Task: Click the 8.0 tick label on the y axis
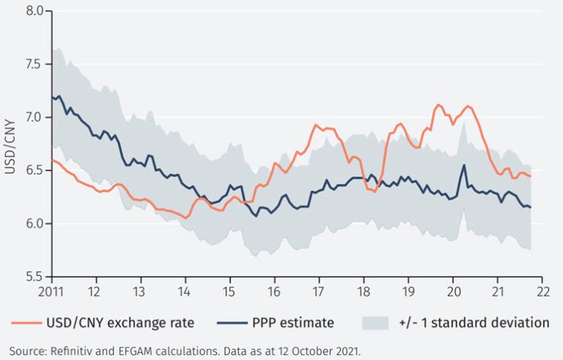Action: [x=34, y=12]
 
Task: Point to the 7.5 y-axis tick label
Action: [x=34, y=65]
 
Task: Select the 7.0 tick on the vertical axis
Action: [x=34, y=118]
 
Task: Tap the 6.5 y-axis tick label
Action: [x=34, y=171]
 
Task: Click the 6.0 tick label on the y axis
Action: [x=34, y=224]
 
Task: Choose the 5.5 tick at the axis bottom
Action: [x=34, y=277]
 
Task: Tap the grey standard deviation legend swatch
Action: [x=379, y=322]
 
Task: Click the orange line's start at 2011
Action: [x=52, y=160]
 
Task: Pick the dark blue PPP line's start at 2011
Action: [x=52, y=96]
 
